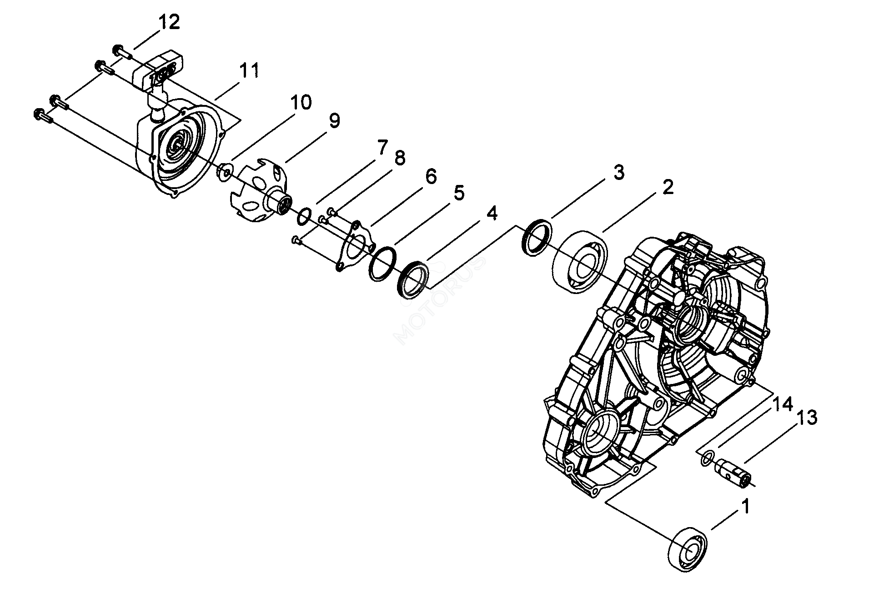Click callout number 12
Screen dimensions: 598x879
(169, 22)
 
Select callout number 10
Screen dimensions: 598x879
(301, 103)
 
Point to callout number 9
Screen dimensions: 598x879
(334, 121)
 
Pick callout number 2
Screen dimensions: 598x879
(667, 187)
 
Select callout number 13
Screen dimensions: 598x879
(807, 418)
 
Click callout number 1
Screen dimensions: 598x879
(745, 505)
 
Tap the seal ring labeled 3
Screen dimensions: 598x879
(537, 238)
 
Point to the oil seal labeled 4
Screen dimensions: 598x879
(413, 279)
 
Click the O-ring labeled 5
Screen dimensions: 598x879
(382, 264)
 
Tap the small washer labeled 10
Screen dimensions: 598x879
(225, 172)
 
